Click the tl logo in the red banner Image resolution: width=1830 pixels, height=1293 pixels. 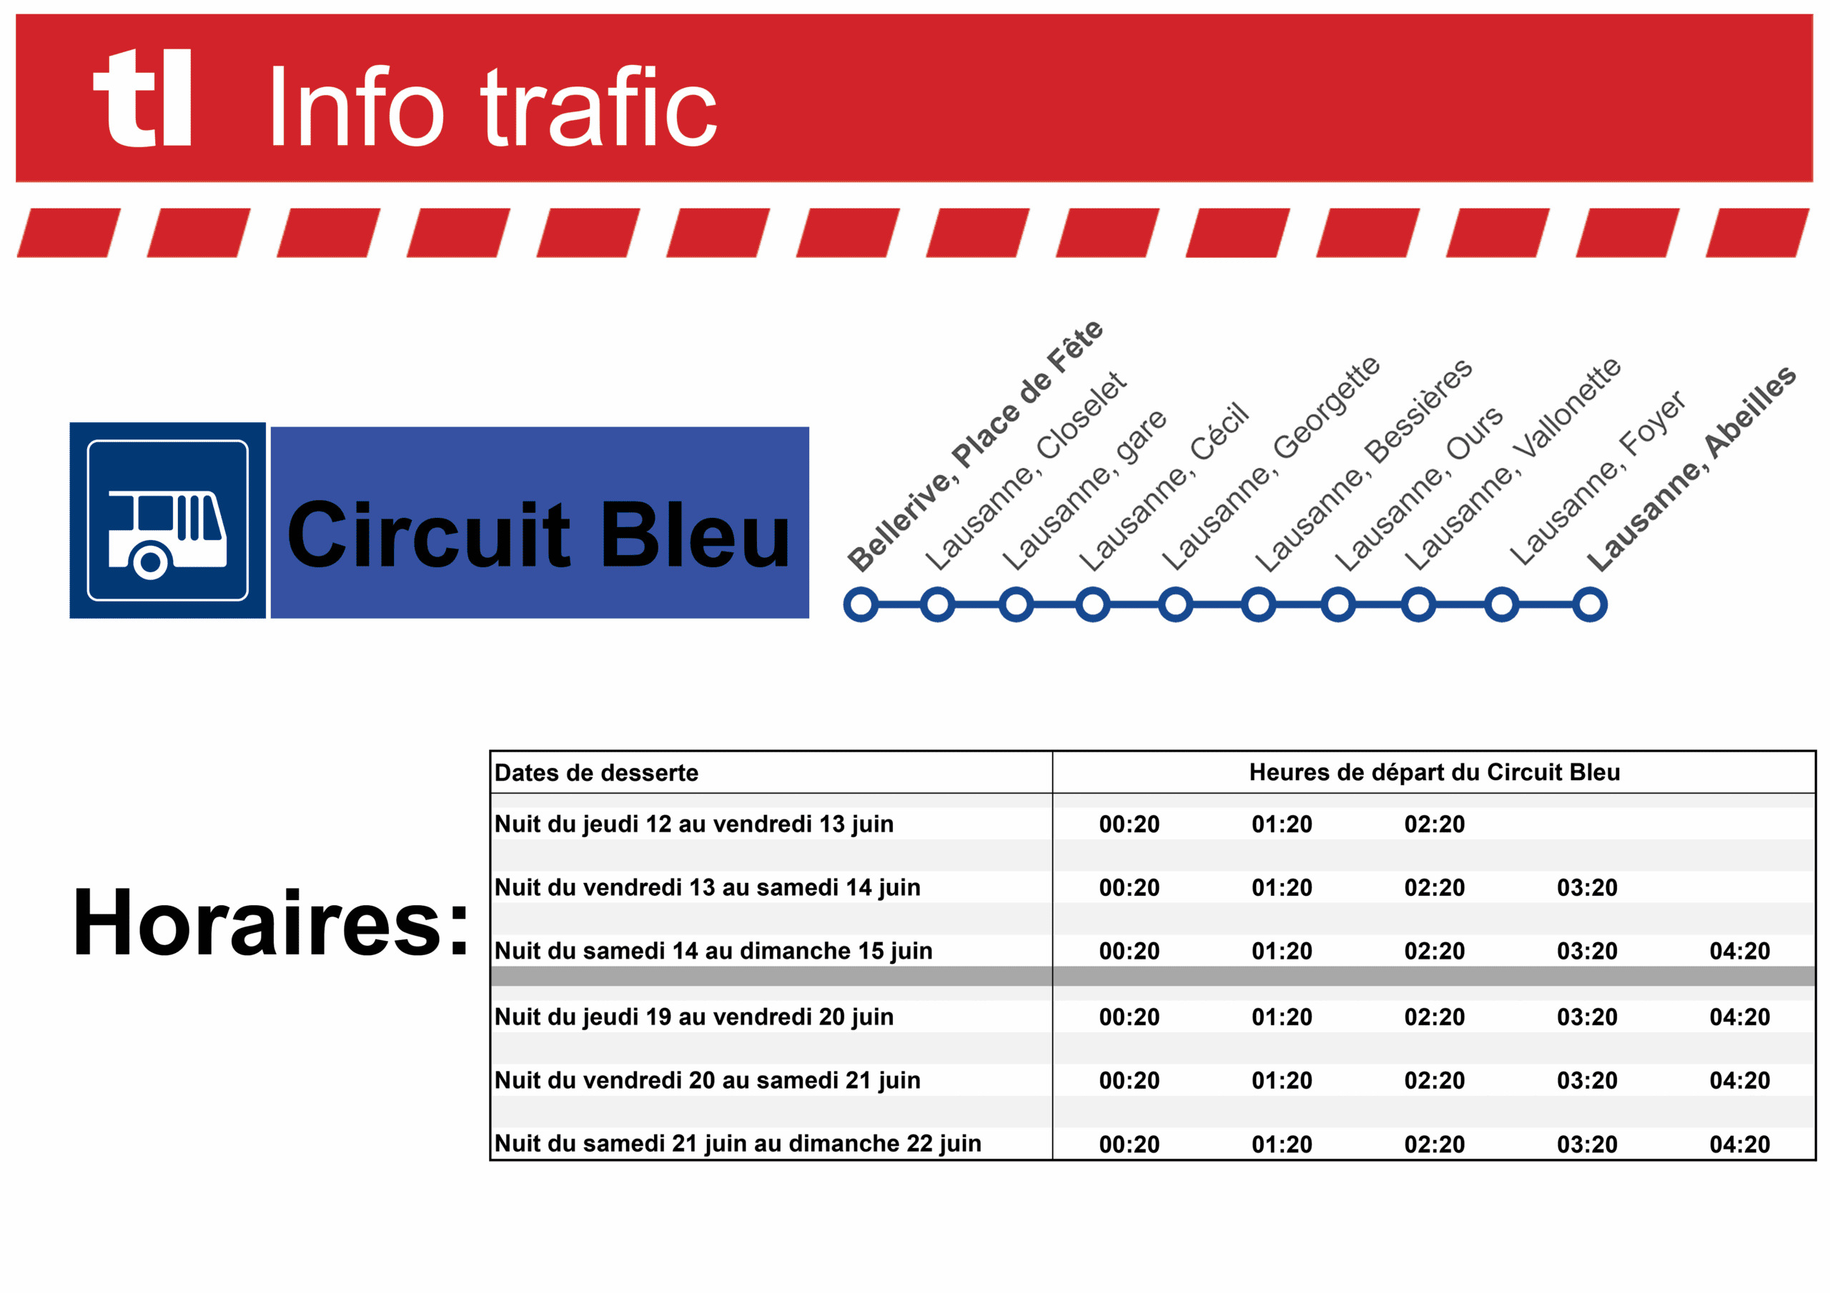coord(142,97)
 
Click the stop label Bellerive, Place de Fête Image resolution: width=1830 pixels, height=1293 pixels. coord(974,446)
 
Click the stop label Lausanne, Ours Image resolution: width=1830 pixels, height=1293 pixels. coord(1419,489)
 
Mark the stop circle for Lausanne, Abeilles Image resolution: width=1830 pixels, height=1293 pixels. coord(1590,604)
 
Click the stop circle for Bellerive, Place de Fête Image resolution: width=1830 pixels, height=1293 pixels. coord(861,604)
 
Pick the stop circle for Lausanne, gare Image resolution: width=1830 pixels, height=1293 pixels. coord(1017,604)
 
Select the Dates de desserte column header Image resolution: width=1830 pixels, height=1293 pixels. coord(596,773)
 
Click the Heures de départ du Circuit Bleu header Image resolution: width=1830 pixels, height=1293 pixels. coord(1435,772)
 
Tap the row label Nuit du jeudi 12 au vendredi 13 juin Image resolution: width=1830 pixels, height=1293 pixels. coord(694,824)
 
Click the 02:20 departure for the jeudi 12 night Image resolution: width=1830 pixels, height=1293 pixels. coord(1435,824)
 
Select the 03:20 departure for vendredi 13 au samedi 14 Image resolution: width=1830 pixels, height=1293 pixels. coord(1588,887)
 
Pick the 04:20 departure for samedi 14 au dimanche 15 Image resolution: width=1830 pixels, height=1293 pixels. coord(1740,950)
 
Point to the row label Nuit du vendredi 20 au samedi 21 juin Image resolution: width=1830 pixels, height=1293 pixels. coord(708,1080)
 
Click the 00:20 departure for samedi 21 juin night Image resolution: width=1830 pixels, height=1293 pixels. coord(1129,1144)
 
